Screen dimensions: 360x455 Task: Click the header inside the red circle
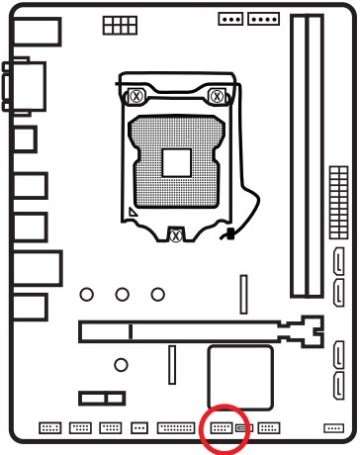coord(221,428)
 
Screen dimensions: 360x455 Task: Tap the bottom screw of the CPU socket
coord(175,235)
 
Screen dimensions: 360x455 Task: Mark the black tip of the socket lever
coord(228,236)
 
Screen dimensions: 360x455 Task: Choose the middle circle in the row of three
coord(122,294)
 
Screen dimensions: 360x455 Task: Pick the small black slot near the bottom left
coord(97,398)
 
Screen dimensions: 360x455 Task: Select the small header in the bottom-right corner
coord(332,428)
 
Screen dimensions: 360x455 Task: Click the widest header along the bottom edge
coord(176,429)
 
